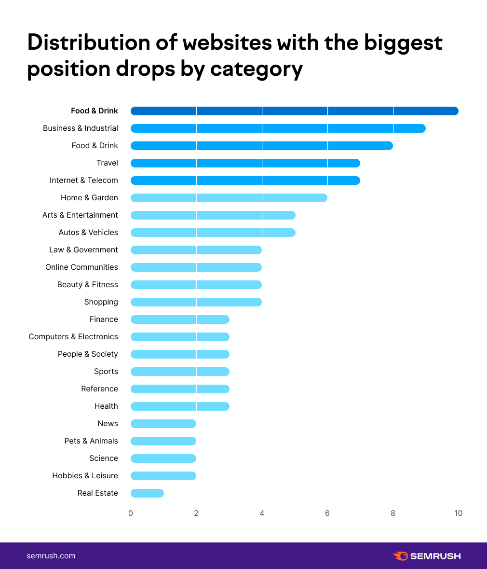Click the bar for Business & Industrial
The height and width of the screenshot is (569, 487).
(278, 128)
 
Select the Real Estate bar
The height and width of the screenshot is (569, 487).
(147, 493)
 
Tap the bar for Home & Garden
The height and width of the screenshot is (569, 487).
(229, 198)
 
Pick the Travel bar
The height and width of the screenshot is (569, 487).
(245, 163)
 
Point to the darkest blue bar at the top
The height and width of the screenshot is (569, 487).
(294, 111)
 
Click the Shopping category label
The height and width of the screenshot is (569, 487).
(101, 302)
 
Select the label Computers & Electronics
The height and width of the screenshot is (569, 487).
(73, 337)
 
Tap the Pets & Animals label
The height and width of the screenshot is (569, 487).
(91, 441)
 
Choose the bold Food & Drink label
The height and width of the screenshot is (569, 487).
(95, 111)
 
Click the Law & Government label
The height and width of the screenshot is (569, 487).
(83, 250)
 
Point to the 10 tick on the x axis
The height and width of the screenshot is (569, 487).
(458, 513)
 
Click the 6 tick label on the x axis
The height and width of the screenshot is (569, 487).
(327, 513)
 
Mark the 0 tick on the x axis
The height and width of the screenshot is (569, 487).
(131, 513)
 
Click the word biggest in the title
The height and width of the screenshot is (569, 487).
(403, 42)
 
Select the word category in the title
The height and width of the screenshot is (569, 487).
(257, 69)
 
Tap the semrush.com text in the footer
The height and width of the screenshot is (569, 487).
(51, 556)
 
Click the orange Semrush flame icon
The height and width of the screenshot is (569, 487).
(400, 556)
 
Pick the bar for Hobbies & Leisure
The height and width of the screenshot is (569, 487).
(163, 476)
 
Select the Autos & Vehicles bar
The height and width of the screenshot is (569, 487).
(213, 233)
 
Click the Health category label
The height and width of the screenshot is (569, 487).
(106, 406)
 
